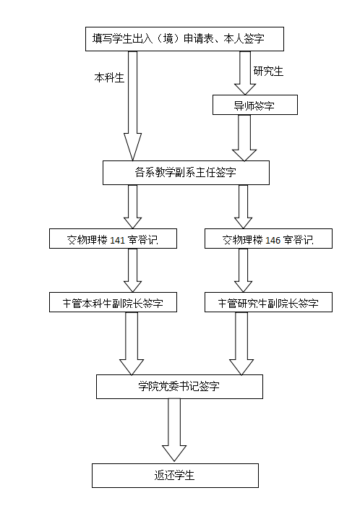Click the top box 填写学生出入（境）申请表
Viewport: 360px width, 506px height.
184,39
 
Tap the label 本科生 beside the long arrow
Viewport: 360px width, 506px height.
109,78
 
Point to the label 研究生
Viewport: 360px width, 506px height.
268,72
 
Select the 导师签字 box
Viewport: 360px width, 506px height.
255,105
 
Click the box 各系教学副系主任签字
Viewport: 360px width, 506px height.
186,173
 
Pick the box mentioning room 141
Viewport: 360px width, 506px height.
113,239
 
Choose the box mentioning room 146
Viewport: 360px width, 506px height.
268,239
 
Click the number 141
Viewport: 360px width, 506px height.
117,240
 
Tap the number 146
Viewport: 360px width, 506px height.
273,240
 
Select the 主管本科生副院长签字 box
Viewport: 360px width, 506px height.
113,302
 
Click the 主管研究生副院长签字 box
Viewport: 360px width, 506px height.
268,302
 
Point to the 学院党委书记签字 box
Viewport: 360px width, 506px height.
179,387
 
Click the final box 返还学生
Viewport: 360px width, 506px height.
175,476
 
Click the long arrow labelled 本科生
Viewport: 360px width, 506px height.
132,106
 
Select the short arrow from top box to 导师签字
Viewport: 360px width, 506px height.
245,73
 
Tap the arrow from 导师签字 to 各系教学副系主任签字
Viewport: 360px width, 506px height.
244,138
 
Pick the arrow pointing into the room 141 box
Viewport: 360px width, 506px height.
132,207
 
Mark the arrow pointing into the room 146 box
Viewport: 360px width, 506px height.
243,207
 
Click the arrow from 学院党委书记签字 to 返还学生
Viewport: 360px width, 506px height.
174,430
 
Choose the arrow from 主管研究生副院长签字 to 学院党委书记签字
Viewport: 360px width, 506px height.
241,343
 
